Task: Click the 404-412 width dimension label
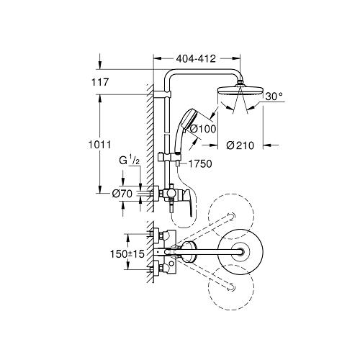tap(196, 58)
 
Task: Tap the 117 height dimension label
tap(100, 82)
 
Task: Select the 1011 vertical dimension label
tap(100, 145)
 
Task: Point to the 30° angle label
tap(274, 96)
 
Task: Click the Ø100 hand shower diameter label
tap(203, 129)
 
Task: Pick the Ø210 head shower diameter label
tap(240, 145)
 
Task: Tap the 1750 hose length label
tap(200, 164)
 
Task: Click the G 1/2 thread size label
tap(130, 161)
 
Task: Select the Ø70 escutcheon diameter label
tap(122, 194)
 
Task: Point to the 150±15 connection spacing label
tap(127, 254)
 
